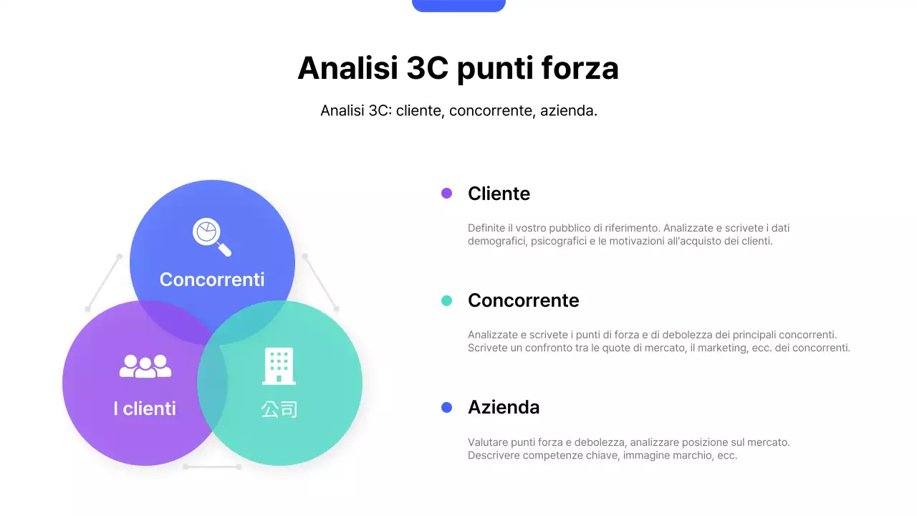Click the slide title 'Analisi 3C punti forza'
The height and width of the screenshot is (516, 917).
click(458, 68)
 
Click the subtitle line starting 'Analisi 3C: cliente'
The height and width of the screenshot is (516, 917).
click(458, 111)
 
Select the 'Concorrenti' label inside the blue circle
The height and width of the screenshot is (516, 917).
click(212, 279)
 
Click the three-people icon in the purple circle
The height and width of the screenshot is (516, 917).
click(145, 366)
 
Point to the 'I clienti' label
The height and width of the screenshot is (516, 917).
click(145, 408)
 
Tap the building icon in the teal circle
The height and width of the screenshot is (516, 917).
click(279, 365)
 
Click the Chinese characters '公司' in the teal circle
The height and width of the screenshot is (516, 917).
click(279, 409)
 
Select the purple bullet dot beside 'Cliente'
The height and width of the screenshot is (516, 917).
click(446, 193)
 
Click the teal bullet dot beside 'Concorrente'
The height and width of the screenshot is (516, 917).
click(446, 300)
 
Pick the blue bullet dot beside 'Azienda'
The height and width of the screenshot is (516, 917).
click(446, 407)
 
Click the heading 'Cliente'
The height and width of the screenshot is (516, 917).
click(499, 193)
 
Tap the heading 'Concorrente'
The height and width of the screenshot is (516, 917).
click(523, 300)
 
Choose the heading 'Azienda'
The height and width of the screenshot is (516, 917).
click(504, 407)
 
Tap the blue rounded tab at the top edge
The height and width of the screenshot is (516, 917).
click(458, 5)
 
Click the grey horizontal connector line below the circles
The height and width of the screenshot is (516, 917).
click(212, 467)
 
